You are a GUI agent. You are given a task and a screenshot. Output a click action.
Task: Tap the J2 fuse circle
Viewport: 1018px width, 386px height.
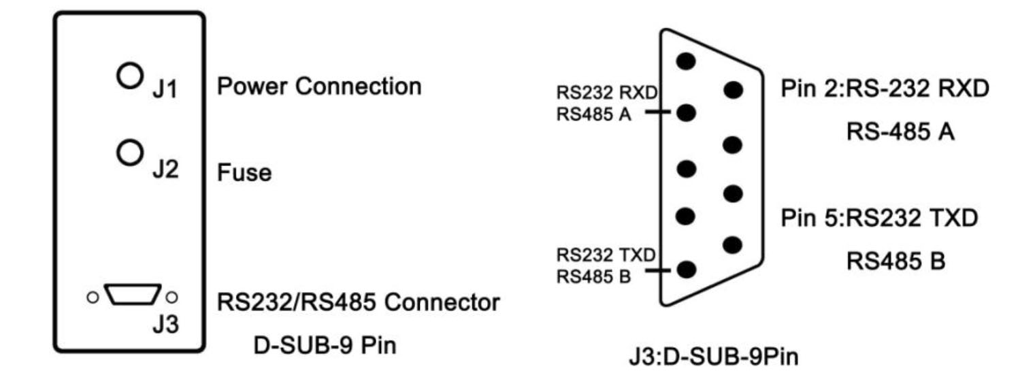pyautogui.click(x=129, y=152)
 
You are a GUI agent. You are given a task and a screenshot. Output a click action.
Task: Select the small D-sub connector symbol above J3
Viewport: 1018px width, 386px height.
pyautogui.click(x=133, y=295)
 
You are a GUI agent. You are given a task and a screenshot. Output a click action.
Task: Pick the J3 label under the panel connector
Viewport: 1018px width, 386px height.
pyautogui.click(x=165, y=324)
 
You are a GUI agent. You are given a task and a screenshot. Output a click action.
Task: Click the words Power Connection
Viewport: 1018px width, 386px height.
pyautogui.click(x=319, y=86)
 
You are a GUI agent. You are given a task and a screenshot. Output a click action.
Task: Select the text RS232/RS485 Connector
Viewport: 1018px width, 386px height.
pyautogui.click(x=359, y=301)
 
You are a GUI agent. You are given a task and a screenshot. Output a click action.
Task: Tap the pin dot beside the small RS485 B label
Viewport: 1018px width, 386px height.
pyautogui.click(x=687, y=270)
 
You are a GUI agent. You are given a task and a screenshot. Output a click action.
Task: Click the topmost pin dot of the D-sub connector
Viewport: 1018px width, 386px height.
pyautogui.click(x=687, y=61)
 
